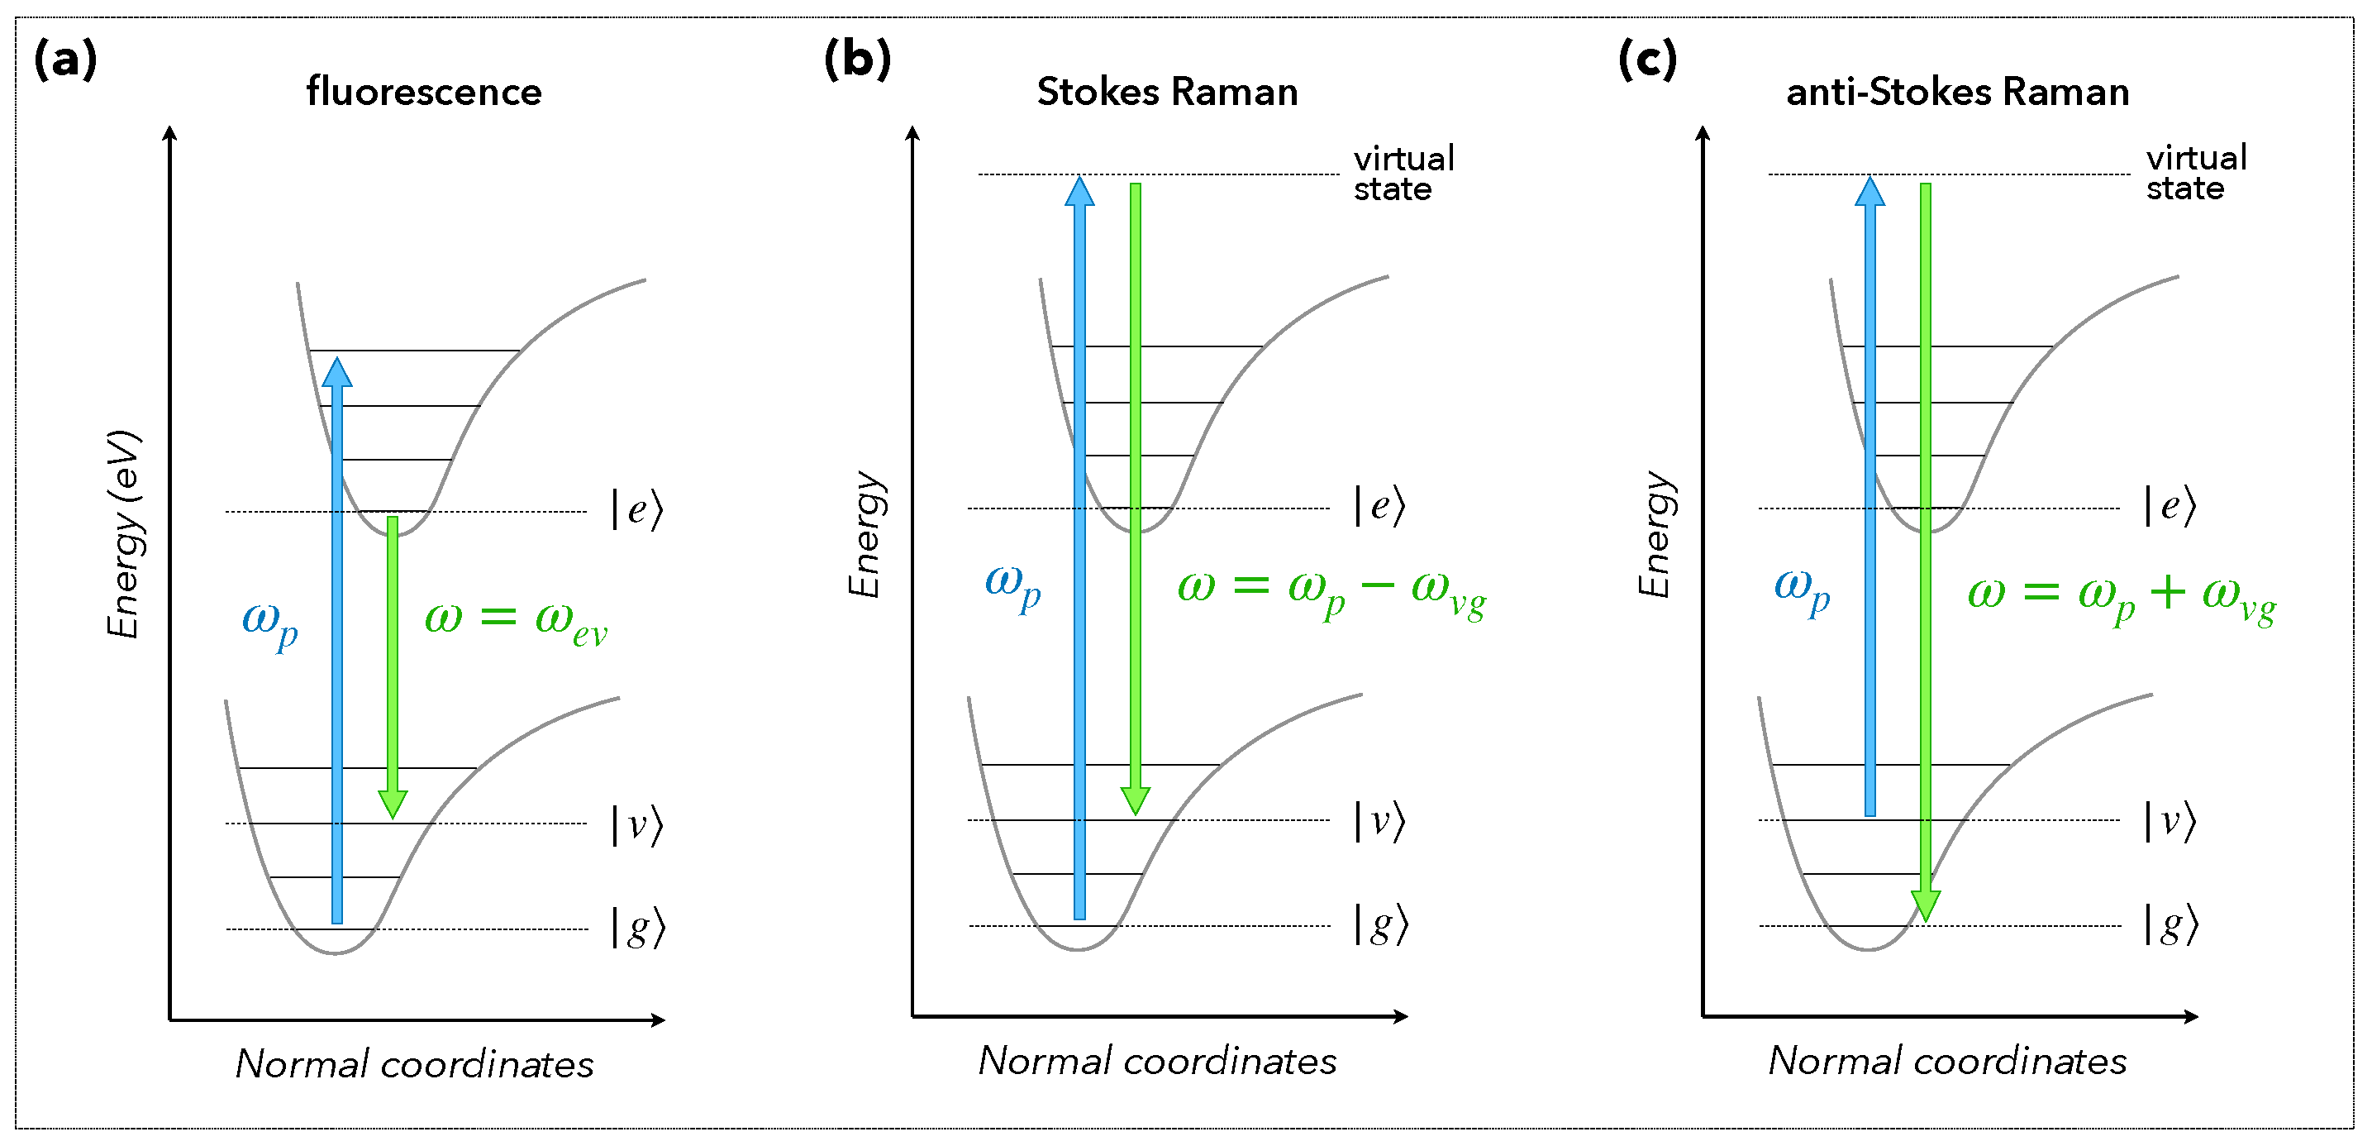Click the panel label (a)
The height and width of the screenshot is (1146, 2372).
[65, 61]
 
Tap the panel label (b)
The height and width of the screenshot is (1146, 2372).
[857, 61]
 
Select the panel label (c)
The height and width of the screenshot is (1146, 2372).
[1647, 61]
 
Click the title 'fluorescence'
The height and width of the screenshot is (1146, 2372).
[423, 92]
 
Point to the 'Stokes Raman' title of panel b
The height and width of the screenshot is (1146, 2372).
[1167, 92]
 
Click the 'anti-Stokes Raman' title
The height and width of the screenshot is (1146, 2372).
[1958, 92]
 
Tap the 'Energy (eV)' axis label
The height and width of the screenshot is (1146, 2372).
[123, 533]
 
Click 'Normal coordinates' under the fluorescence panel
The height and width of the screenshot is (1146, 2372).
[414, 1064]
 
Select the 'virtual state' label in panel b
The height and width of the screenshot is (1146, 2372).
[1403, 173]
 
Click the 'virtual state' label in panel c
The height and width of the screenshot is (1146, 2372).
[2196, 173]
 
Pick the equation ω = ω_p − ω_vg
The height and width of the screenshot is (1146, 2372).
[1331, 590]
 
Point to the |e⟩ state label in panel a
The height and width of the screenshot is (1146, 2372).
[637, 509]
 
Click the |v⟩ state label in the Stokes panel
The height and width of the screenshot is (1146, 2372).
[1379, 821]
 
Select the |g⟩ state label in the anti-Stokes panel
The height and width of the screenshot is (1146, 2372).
[2171, 924]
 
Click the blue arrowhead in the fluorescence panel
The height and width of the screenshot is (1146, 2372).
[337, 372]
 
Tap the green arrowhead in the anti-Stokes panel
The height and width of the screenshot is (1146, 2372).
[1926, 905]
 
